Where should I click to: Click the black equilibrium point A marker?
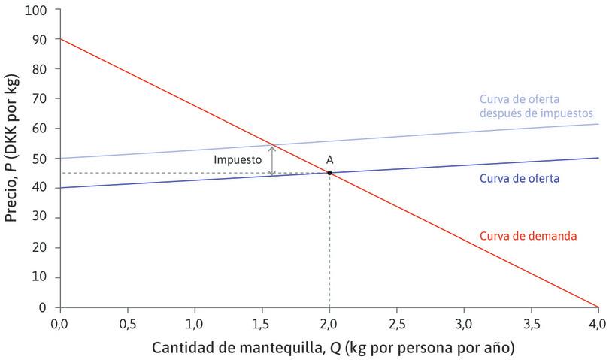329,173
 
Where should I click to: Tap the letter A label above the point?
329,159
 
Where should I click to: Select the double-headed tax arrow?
272,160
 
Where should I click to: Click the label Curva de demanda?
528,236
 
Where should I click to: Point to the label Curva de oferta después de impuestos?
530,106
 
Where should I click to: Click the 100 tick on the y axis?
35,11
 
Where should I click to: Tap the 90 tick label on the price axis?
39,40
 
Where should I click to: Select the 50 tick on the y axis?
39,159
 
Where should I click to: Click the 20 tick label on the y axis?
39,248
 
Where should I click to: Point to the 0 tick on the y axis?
43,307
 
